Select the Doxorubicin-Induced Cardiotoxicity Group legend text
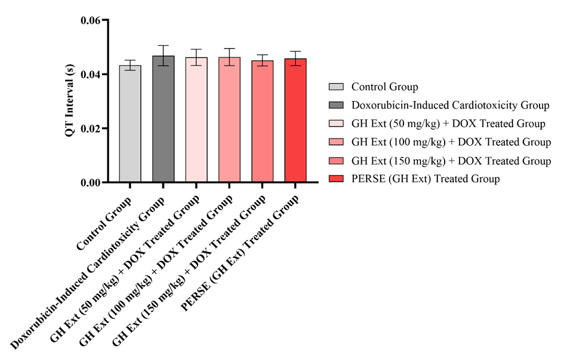click(x=450, y=106)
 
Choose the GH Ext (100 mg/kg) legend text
click(x=451, y=142)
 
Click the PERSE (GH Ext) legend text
click(x=426, y=179)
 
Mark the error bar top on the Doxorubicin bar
click(x=163, y=45)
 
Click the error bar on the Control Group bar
click(x=130, y=65)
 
